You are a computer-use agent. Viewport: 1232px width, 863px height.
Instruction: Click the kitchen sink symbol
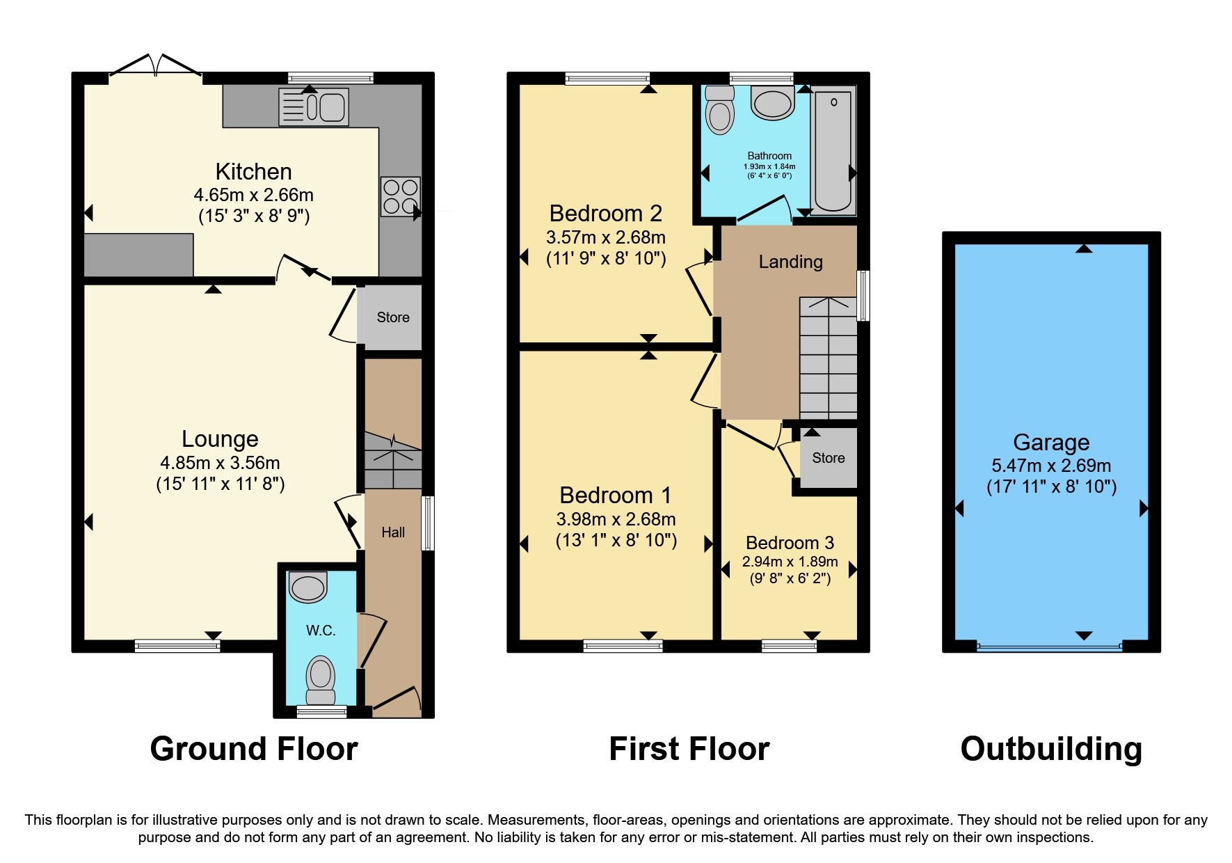[x=314, y=107]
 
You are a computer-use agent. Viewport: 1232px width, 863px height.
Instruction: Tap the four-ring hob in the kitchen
[x=400, y=196]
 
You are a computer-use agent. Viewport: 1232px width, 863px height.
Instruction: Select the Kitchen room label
[x=253, y=171]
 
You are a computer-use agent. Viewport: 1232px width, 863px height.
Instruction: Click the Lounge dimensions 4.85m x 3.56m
[x=220, y=463]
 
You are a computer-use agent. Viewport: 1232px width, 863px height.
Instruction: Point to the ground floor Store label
[x=393, y=317]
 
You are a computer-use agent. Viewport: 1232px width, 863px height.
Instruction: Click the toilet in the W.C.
[x=321, y=679]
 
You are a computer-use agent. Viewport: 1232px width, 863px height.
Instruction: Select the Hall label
[x=393, y=532]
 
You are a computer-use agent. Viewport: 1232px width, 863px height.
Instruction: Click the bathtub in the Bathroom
[x=833, y=150]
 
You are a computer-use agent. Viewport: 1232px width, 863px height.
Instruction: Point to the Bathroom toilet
[x=720, y=111]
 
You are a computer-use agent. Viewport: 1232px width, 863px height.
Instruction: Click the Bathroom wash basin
[x=772, y=103]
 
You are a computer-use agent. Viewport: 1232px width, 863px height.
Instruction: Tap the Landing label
[x=790, y=262]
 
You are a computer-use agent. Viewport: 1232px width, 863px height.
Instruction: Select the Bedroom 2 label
[x=605, y=213]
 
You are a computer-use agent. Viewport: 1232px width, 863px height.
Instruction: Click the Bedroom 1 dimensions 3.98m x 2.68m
[x=616, y=519]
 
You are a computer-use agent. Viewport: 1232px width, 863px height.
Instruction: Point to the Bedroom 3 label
[x=790, y=543]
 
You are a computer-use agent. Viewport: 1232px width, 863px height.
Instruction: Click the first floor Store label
[x=828, y=458]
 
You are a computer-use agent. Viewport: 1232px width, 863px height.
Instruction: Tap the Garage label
[x=1050, y=442]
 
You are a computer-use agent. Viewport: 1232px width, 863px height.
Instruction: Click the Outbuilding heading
[x=1050, y=749]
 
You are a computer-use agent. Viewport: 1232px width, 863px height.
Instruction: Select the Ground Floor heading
[x=254, y=749]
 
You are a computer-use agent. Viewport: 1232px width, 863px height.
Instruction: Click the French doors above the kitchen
[x=156, y=66]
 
